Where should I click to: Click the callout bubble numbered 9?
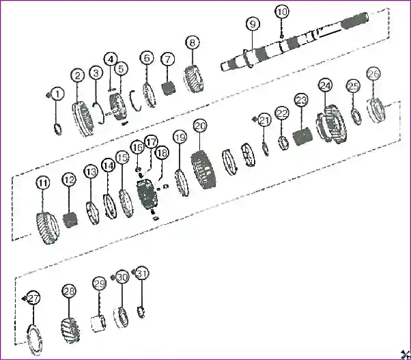pos(253,24)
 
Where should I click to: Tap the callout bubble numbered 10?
pos(282,12)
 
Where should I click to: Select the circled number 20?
pos(200,126)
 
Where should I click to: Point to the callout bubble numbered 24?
pos(326,85)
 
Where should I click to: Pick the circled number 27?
pos(33,298)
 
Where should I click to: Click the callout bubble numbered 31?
pos(142,273)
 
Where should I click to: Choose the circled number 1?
pos(57,94)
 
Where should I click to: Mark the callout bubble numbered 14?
pos(109,165)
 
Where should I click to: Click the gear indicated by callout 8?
pos(194,79)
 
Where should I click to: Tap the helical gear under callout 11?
pos(47,227)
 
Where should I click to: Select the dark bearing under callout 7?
pos(169,88)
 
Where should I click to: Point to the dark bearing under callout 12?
pos(70,220)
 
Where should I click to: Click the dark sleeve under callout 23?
pos(302,136)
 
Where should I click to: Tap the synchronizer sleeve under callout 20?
pos(204,169)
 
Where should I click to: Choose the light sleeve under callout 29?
pos(98,324)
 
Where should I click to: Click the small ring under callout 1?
pos(58,129)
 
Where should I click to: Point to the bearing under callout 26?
pos(377,110)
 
